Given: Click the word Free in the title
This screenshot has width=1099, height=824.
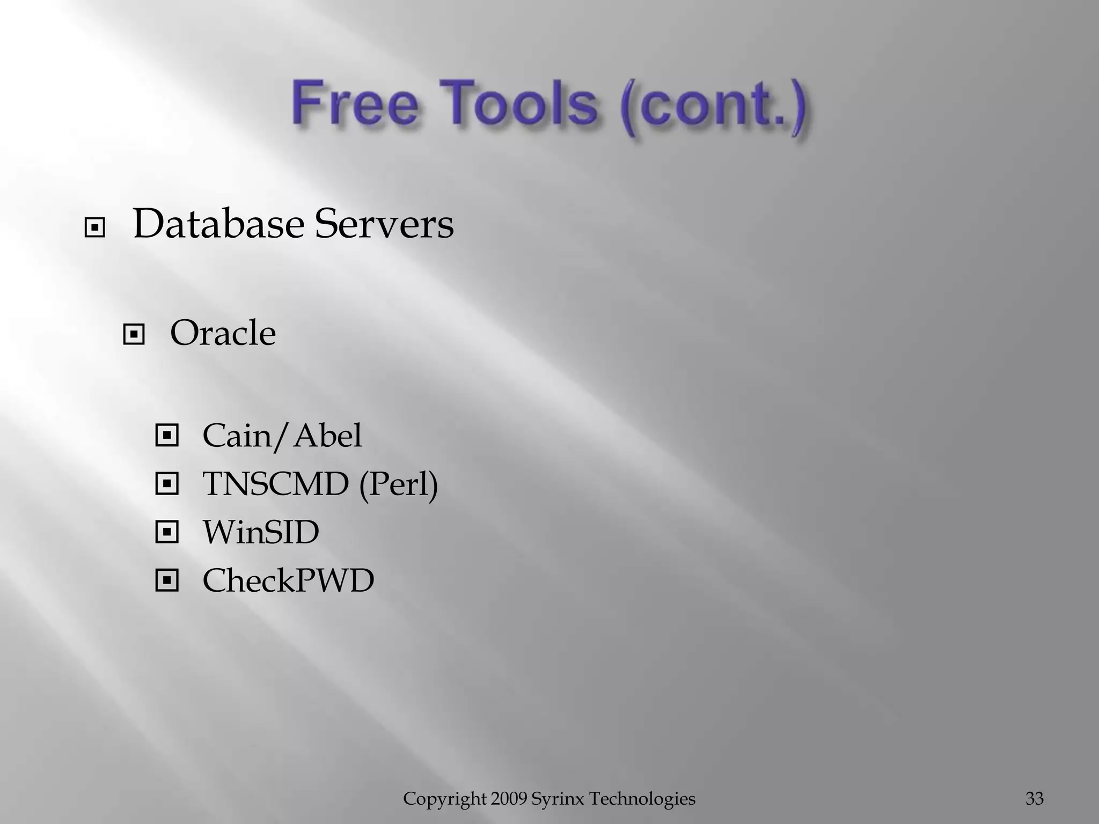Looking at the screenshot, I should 354,103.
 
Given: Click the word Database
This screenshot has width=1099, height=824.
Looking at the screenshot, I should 218,224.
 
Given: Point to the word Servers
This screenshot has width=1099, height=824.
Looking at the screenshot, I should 384,224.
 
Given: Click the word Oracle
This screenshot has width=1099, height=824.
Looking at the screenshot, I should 223,333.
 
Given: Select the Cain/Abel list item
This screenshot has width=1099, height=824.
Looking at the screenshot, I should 282,435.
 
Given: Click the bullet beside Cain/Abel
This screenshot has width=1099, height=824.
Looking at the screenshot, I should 166,436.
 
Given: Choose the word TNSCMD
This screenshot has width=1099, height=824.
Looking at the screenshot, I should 275,484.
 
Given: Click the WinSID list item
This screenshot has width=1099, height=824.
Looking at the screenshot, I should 261,532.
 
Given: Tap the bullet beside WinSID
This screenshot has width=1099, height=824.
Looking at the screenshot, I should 166,533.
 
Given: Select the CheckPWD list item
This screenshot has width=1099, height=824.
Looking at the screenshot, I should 288,580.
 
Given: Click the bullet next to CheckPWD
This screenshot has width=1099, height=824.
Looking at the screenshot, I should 166,580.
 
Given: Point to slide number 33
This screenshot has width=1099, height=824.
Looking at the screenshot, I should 1035,799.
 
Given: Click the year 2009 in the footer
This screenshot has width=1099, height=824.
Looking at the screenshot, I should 509,799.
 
